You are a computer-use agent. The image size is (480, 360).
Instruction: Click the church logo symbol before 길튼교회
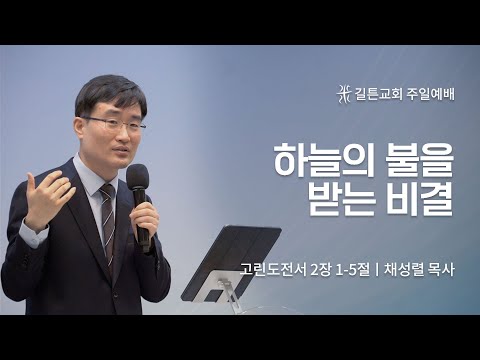coord(345,93)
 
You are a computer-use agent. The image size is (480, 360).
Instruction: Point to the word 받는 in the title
coord(340,201)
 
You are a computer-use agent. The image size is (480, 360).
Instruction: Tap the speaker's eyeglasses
coord(112,123)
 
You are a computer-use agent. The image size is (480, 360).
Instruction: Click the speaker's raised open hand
coord(45,195)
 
